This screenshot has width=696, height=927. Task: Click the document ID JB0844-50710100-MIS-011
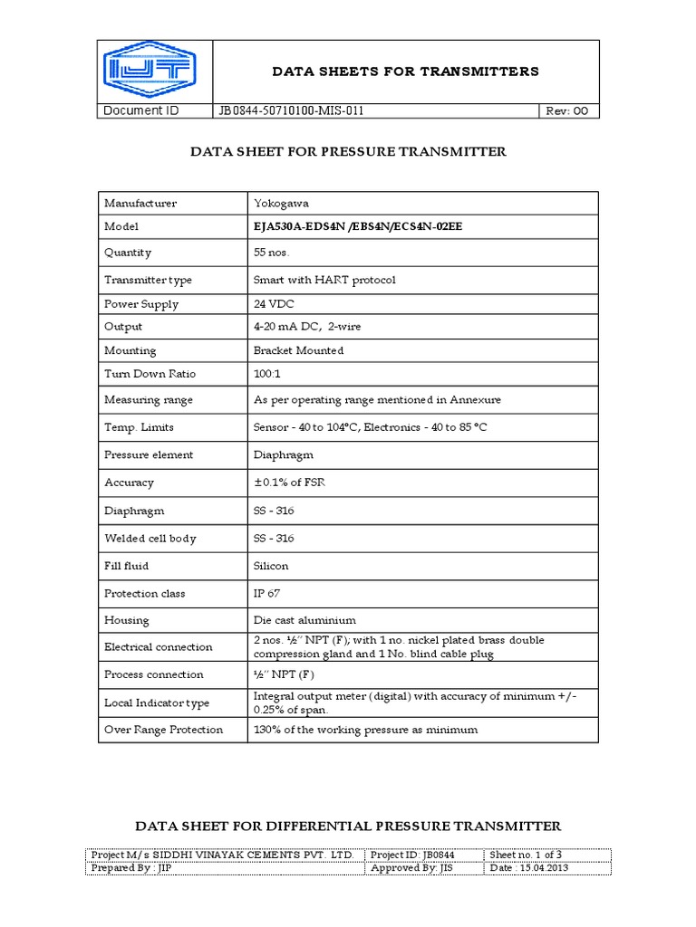click(x=291, y=111)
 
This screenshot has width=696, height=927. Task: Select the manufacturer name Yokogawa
click(x=281, y=203)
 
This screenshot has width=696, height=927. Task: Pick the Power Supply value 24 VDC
click(x=274, y=304)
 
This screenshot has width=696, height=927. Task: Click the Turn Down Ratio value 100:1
click(x=269, y=373)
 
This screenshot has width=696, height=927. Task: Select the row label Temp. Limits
click(x=139, y=426)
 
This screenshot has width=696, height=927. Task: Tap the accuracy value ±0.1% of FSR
click(x=289, y=483)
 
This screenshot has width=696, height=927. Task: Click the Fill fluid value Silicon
click(x=271, y=566)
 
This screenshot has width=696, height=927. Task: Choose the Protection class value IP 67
click(x=269, y=593)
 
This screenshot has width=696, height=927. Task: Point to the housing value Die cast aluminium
click(x=304, y=620)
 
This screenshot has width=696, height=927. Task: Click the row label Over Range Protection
click(x=163, y=730)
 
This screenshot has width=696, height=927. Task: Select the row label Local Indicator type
click(x=157, y=702)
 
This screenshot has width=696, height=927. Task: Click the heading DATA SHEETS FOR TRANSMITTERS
click(x=406, y=72)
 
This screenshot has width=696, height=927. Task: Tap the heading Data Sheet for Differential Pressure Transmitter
click(x=348, y=826)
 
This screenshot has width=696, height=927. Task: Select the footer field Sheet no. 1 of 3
click(x=526, y=855)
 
